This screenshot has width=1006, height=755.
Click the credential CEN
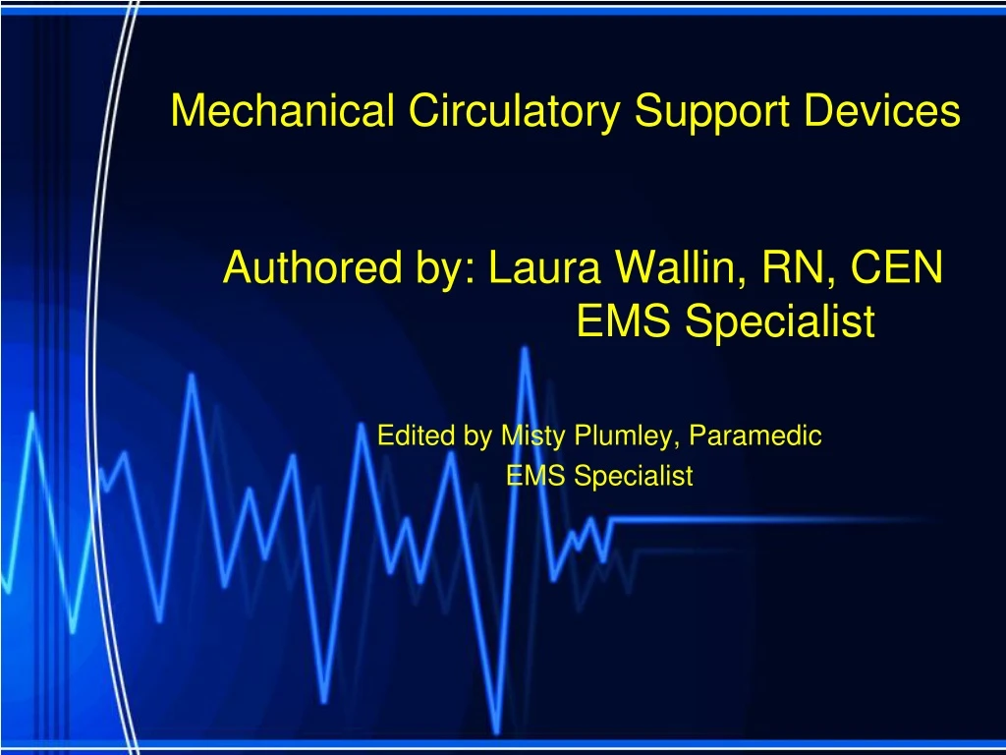pos(898,266)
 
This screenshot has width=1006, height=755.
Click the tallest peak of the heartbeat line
pos(525,351)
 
